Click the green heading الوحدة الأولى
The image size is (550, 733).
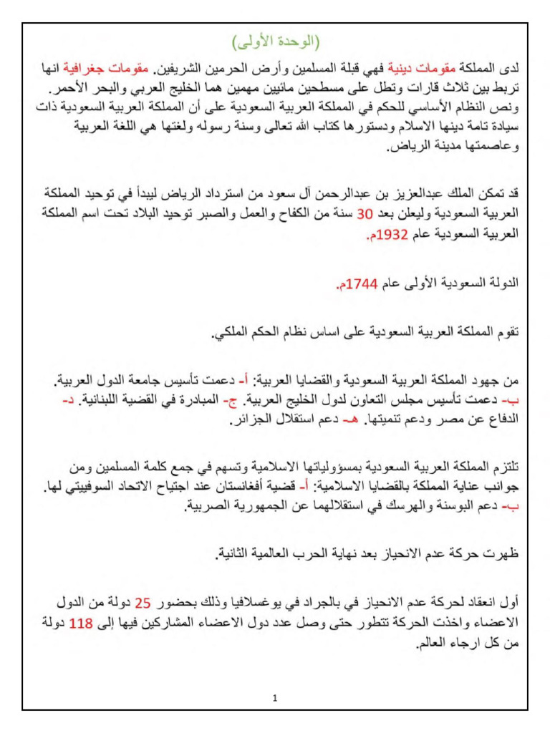[275, 40]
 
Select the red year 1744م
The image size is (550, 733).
[356, 284]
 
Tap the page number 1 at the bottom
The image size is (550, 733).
[275, 698]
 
